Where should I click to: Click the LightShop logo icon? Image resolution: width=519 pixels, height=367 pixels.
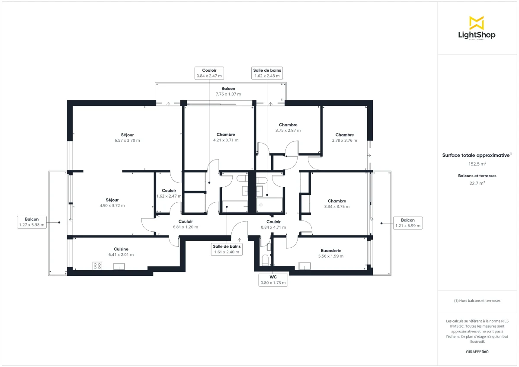(x=477, y=22)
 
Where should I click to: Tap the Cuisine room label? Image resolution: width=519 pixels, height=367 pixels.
(x=121, y=249)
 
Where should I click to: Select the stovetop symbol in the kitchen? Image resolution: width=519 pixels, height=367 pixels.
(x=97, y=266)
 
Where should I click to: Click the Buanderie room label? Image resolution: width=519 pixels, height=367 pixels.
(x=331, y=250)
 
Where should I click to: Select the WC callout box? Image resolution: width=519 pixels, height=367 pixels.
(x=273, y=280)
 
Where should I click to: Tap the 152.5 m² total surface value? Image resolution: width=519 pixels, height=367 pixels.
(x=477, y=164)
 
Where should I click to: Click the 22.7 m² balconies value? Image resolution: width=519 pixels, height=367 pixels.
(x=477, y=183)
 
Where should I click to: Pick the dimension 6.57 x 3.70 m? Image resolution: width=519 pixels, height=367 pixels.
(x=127, y=140)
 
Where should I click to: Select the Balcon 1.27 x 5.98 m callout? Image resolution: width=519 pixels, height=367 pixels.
(x=32, y=222)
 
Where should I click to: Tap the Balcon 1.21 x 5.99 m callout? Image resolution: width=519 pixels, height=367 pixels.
(x=407, y=223)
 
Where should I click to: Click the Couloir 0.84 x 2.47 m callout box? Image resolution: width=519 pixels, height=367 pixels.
(x=209, y=73)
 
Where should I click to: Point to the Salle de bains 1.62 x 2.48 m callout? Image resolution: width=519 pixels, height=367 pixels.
(x=267, y=73)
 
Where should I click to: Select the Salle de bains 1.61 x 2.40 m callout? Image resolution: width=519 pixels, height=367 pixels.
(x=227, y=249)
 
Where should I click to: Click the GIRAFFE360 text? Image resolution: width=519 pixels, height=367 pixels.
(x=477, y=352)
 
